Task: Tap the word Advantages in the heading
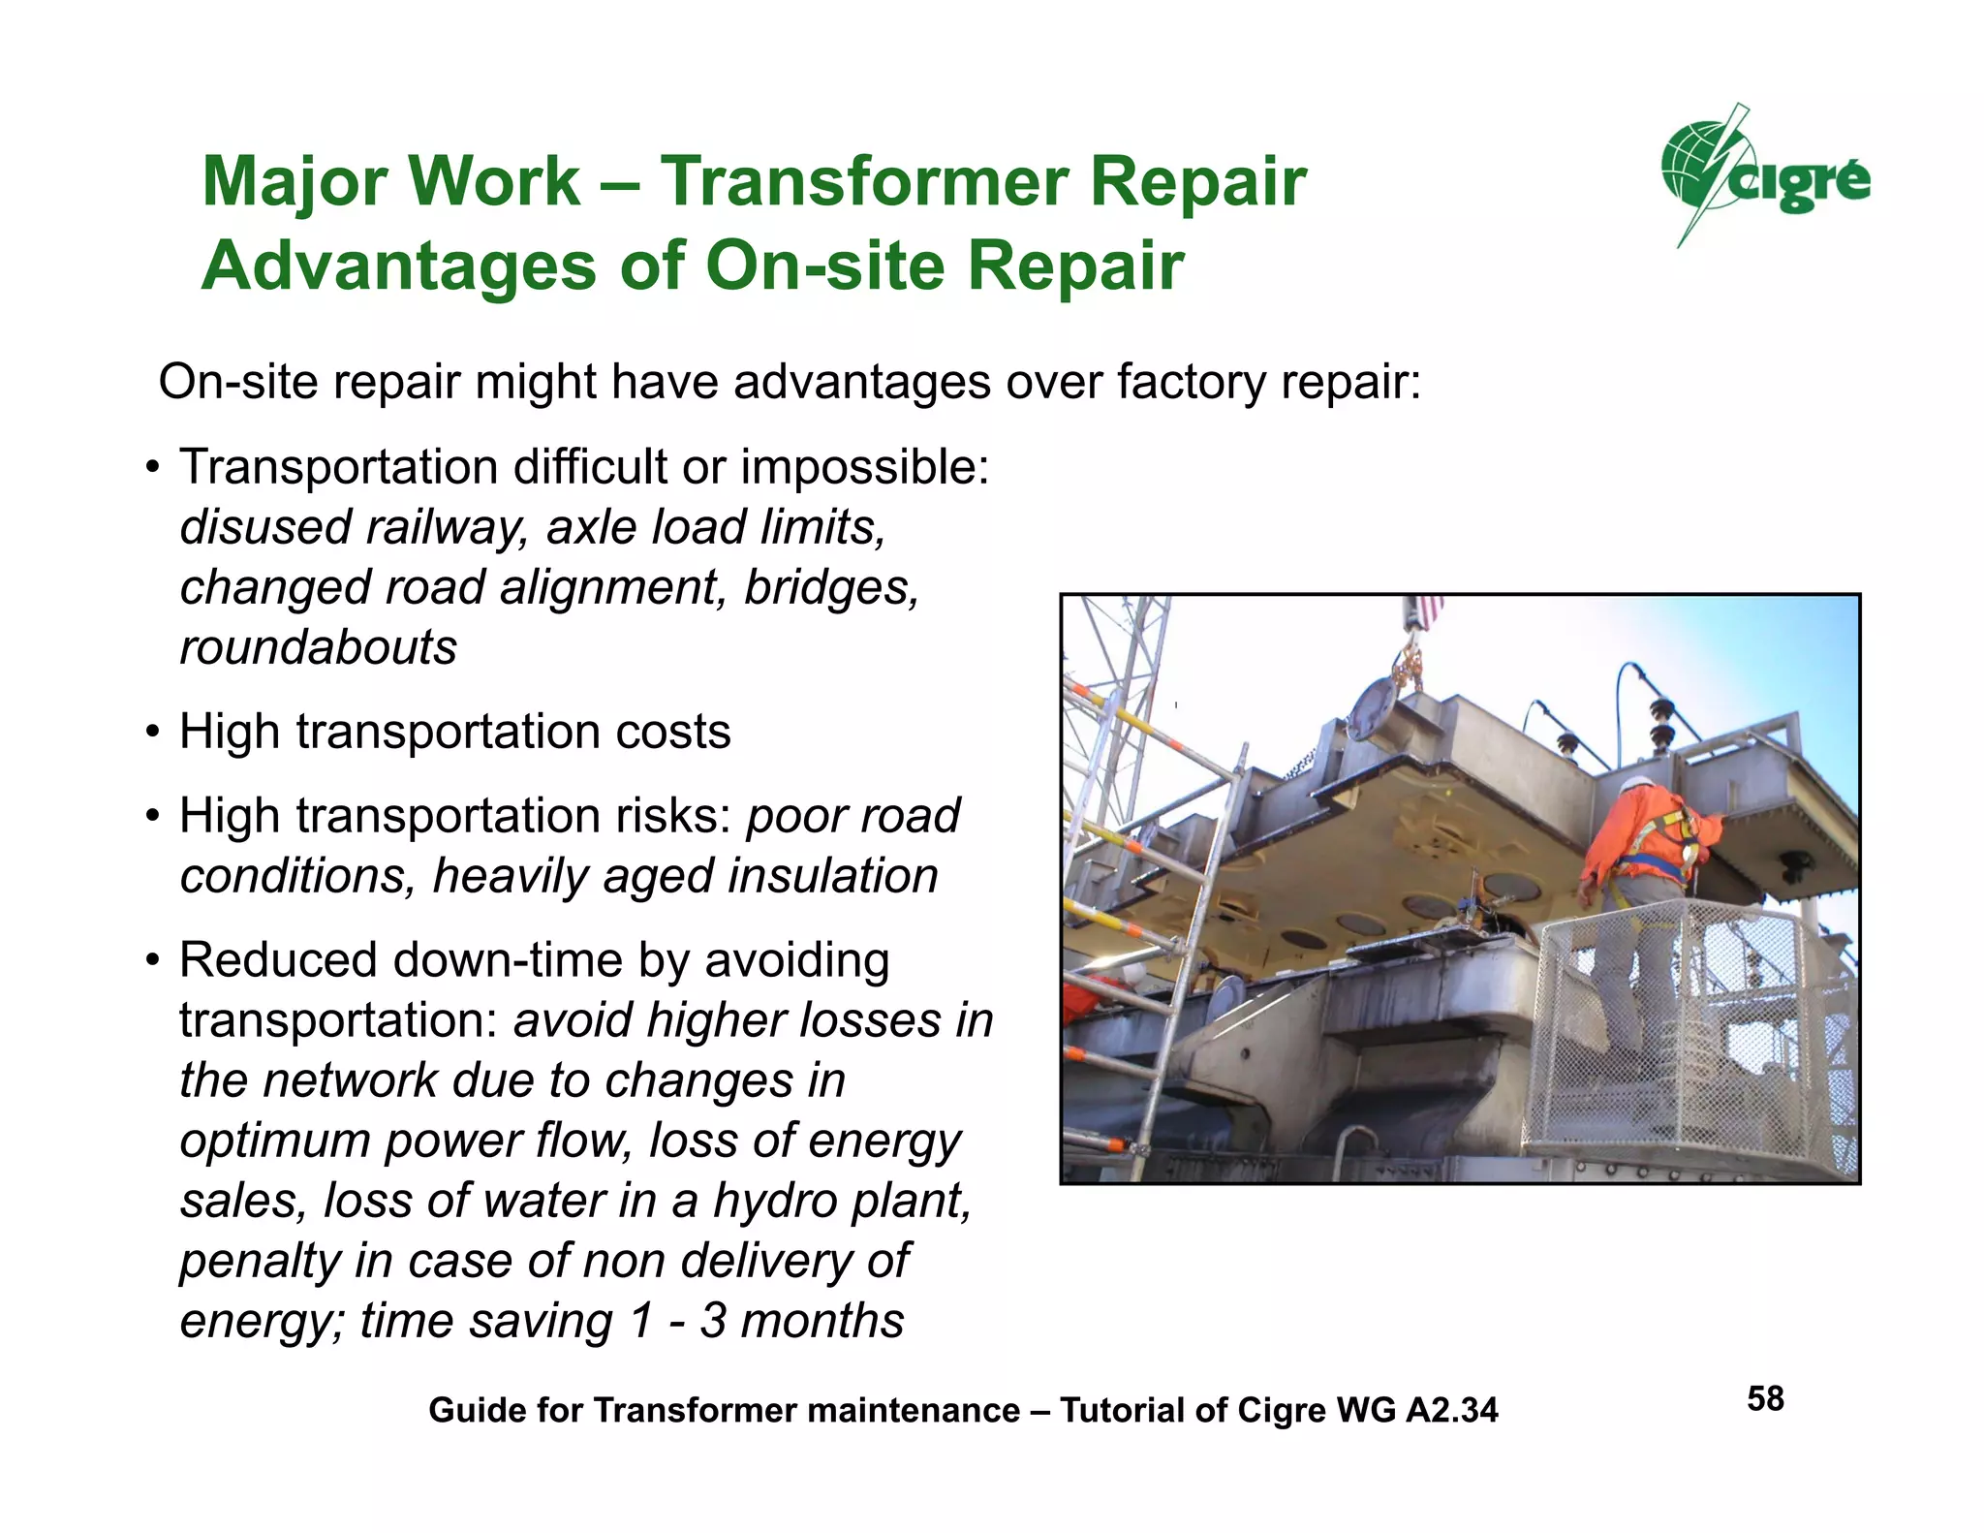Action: coord(398,266)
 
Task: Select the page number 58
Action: coord(1765,1398)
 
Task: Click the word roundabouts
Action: coord(318,647)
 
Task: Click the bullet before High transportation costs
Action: coord(152,732)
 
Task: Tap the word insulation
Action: coord(832,876)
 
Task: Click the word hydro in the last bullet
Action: coord(776,1201)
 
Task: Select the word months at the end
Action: coord(822,1321)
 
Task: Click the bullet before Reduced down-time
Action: coord(152,961)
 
